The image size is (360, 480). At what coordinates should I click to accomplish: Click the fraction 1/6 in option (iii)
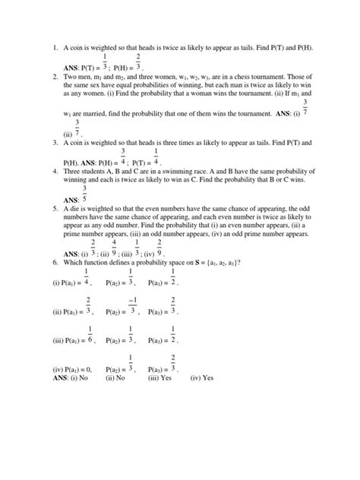pos(90,335)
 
